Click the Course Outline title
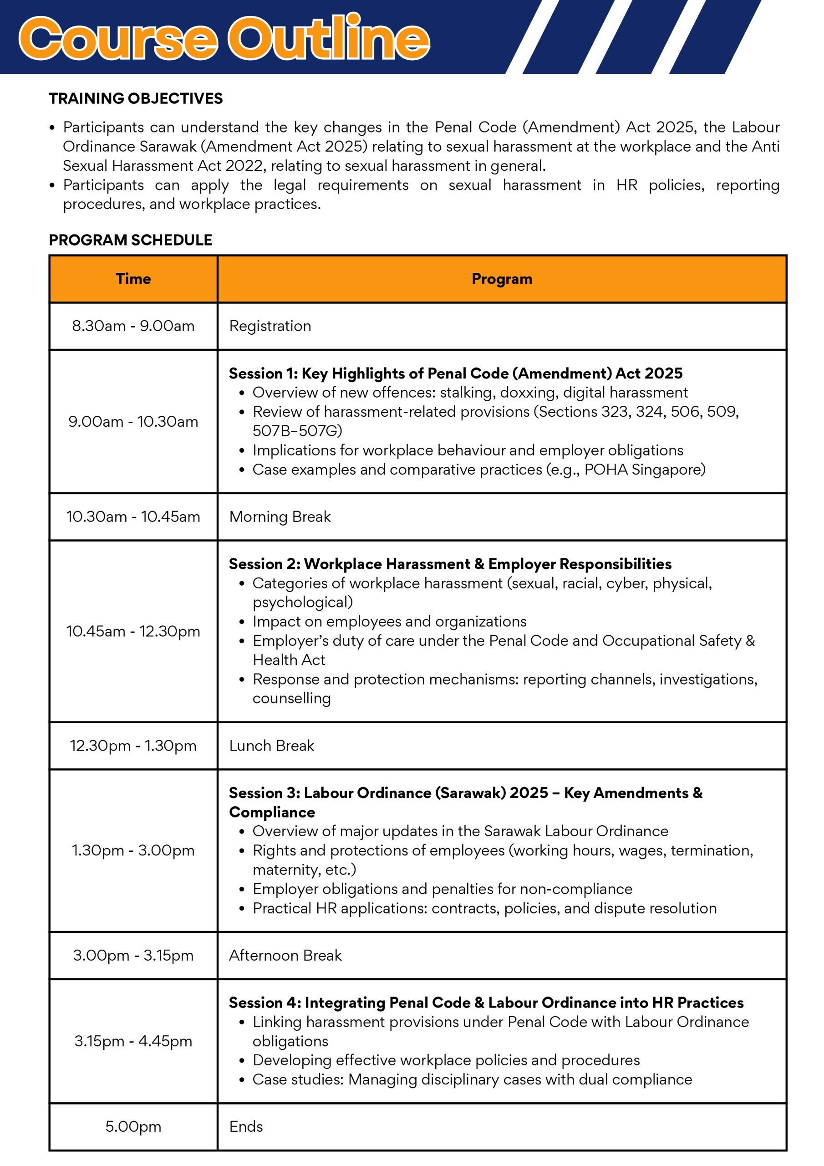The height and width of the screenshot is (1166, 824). (224, 38)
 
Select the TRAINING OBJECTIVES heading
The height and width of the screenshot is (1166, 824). (136, 98)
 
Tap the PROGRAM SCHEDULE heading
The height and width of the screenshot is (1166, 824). (131, 240)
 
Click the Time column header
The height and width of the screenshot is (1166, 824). (133, 279)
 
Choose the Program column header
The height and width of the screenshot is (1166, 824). (502, 279)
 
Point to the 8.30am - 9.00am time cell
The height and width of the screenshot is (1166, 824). (133, 326)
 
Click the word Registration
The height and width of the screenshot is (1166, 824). (270, 326)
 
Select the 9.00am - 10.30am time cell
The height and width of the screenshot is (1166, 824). (133, 421)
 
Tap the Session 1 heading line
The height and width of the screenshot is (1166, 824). (455, 373)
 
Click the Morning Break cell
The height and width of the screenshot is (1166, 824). (280, 517)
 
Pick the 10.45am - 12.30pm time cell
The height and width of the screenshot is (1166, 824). (133, 631)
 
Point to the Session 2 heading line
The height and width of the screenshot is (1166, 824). (450, 564)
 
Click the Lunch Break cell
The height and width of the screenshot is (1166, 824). (272, 746)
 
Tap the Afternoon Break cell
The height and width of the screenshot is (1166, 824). (285, 955)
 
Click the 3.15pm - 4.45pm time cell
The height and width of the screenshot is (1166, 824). (133, 1041)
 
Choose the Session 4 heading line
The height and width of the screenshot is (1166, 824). (486, 1002)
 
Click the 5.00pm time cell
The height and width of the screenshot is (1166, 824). (133, 1126)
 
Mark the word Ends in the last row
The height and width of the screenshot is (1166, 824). (246, 1126)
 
